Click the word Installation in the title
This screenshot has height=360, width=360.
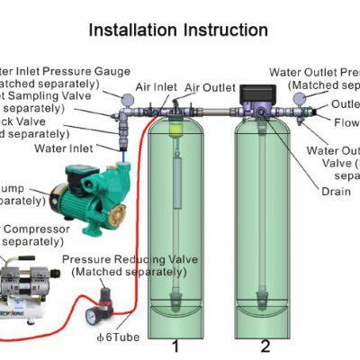(133, 30)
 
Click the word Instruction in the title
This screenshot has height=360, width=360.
(226, 30)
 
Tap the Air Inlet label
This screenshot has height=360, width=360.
(156, 87)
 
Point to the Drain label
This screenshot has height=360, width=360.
(335, 192)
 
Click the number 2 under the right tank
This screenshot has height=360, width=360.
(265, 345)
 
